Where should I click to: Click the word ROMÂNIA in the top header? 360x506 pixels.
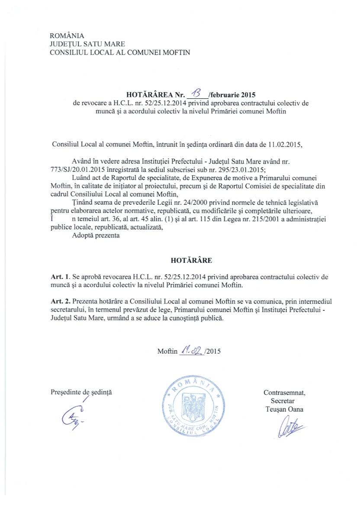point(67,35)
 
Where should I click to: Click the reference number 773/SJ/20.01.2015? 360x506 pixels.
point(78,170)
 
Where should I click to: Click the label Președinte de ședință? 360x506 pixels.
point(81,393)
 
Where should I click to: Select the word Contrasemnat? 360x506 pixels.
point(284,393)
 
